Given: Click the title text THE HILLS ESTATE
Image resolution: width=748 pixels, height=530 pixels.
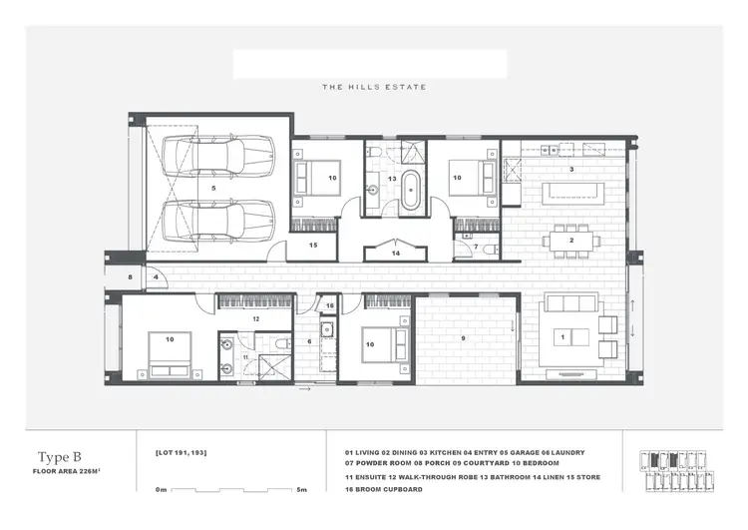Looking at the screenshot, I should coord(373,87).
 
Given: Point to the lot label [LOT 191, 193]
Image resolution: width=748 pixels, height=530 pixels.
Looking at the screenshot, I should coord(182,454).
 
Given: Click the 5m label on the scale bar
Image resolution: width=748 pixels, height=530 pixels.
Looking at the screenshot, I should coord(302,490).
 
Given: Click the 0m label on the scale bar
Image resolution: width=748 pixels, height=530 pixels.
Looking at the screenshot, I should coord(162,490).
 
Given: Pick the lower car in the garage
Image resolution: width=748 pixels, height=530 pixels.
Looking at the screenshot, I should coord(219,219).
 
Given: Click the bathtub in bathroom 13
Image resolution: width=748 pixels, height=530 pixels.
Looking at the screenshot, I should coord(411,189).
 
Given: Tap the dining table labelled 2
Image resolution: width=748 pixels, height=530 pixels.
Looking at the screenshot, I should coord(571,240).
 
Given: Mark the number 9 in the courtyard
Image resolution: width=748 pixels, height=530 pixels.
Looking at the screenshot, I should coord(462,337).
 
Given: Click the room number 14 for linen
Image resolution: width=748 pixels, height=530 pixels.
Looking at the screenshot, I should coord(398,254).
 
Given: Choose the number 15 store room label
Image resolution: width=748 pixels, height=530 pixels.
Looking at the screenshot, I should coord(312,245).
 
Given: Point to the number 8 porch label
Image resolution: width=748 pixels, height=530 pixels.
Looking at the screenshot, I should coord(130,276).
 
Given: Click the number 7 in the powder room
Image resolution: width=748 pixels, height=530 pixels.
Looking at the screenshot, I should coord(477,246).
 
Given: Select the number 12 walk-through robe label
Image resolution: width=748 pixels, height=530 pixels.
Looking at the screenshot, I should coord(255,318).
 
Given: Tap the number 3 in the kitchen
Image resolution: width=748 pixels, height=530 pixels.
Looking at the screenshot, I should coord(571,170).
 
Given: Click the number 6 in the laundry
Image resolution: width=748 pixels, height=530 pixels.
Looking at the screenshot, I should coord(309,341).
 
